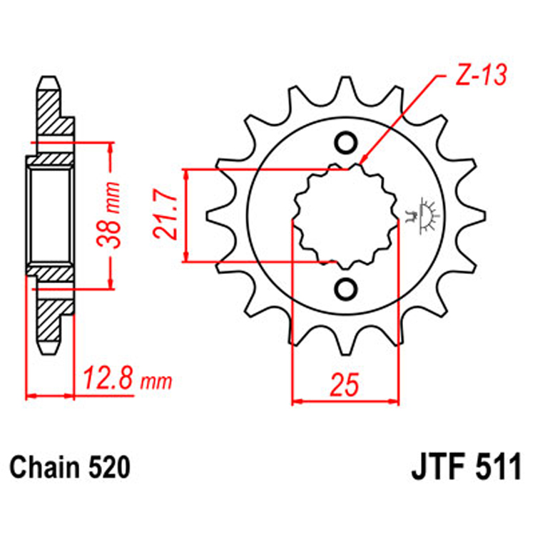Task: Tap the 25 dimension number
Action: point(344,384)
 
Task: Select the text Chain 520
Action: point(70,468)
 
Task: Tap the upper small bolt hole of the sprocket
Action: point(347,143)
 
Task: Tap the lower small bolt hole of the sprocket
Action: point(347,288)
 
